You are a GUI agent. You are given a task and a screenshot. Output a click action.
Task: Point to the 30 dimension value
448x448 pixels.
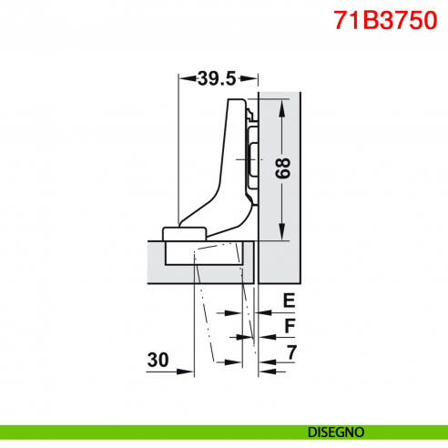pos(159,361)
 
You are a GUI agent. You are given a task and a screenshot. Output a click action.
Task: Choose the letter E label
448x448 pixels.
pos(288,300)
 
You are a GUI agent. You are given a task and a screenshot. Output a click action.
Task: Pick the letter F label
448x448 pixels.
pos(288,326)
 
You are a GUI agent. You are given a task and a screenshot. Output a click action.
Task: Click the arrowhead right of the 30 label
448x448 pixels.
pos(189,371)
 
